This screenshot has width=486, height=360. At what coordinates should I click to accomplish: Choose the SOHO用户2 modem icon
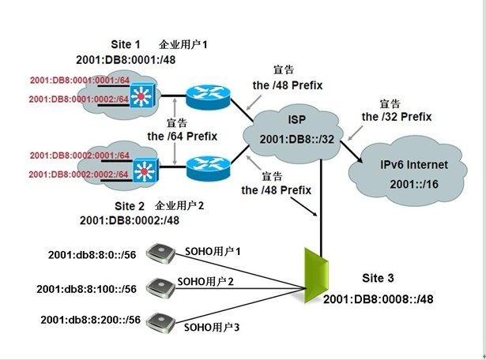(x=162, y=285)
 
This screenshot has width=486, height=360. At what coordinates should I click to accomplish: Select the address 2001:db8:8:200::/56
(x=89, y=320)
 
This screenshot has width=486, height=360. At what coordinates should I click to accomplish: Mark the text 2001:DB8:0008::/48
(x=378, y=301)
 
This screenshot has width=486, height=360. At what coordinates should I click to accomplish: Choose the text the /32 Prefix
(x=397, y=117)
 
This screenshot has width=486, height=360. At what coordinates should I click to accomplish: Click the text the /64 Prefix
(x=182, y=136)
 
